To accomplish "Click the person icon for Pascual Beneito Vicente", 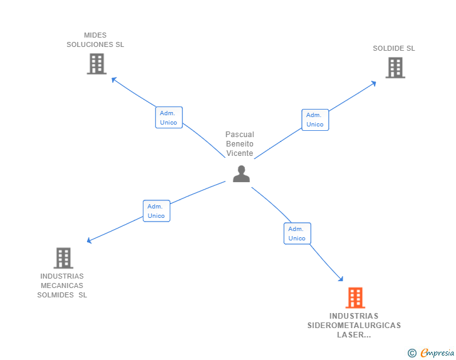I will point(241,174).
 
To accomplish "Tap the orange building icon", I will point(355,297).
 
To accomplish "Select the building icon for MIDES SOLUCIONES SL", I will point(96,64).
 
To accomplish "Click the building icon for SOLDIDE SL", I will point(395,68).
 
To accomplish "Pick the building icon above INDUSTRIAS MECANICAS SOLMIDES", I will point(63,258).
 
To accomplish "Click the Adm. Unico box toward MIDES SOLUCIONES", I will point(168,118).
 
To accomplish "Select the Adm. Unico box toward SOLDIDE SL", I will point(315,120).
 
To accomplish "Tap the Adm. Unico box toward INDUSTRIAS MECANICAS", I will point(156,211).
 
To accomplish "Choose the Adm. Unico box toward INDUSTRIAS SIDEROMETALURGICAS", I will point(297,234).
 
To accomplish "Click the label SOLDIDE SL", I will point(394,48).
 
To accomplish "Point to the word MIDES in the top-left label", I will point(95,35).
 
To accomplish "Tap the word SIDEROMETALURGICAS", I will point(354,326).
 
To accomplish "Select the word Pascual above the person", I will point(240,135).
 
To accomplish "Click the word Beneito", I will point(240,144).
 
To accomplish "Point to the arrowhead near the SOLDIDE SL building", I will point(374,82).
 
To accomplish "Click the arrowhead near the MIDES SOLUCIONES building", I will point(113,79).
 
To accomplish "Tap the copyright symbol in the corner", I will point(412,353).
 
